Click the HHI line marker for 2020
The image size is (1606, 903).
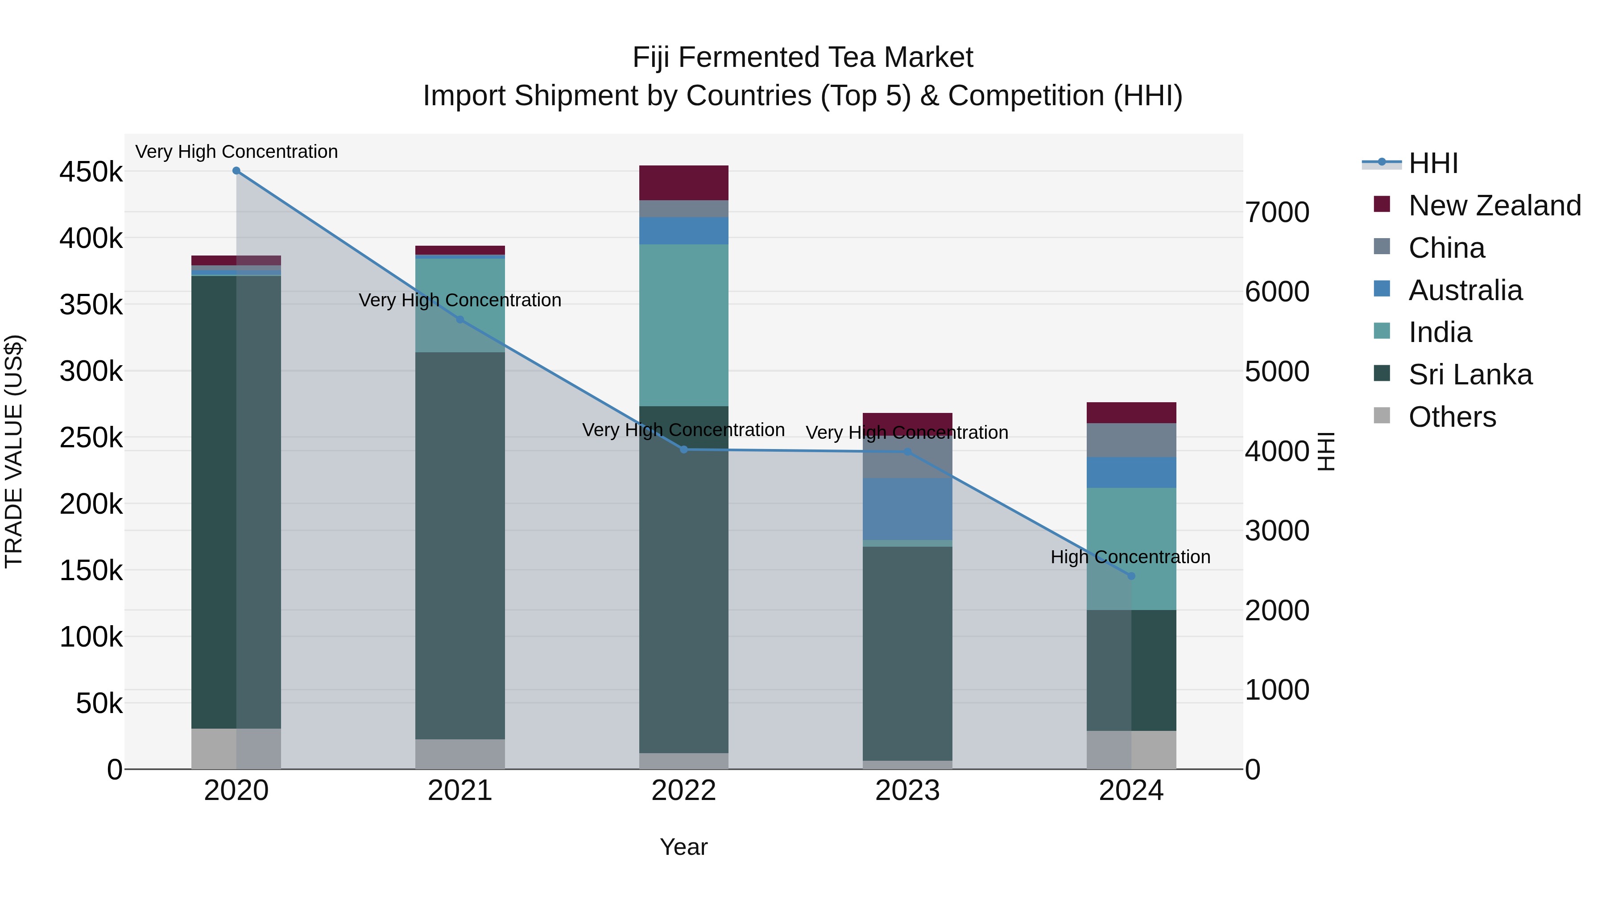click(x=236, y=171)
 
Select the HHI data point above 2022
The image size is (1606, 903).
click(x=683, y=449)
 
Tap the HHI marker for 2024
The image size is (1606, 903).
click(x=1131, y=576)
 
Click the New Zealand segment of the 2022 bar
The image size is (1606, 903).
click(x=683, y=182)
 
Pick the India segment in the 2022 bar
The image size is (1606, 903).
click(x=683, y=324)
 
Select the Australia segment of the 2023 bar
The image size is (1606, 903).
click(x=907, y=508)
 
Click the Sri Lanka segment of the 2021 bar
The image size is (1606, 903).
click(x=459, y=545)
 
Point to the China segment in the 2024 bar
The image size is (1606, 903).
click(x=1131, y=440)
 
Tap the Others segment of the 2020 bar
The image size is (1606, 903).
click(x=236, y=748)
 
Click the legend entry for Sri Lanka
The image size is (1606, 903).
click(x=1469, y=375)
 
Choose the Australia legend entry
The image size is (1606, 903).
click(x=1465, y=290)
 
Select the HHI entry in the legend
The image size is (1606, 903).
click(x=1432, y=163)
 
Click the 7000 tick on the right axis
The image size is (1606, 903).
click(x=1277, y=213)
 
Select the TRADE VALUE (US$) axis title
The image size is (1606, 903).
click(x=14, y=451)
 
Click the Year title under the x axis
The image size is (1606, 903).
click(x=683, y=847)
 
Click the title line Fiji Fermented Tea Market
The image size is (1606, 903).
click(x=803, y=58)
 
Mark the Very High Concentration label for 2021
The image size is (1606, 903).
click(x=459, y=301)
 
